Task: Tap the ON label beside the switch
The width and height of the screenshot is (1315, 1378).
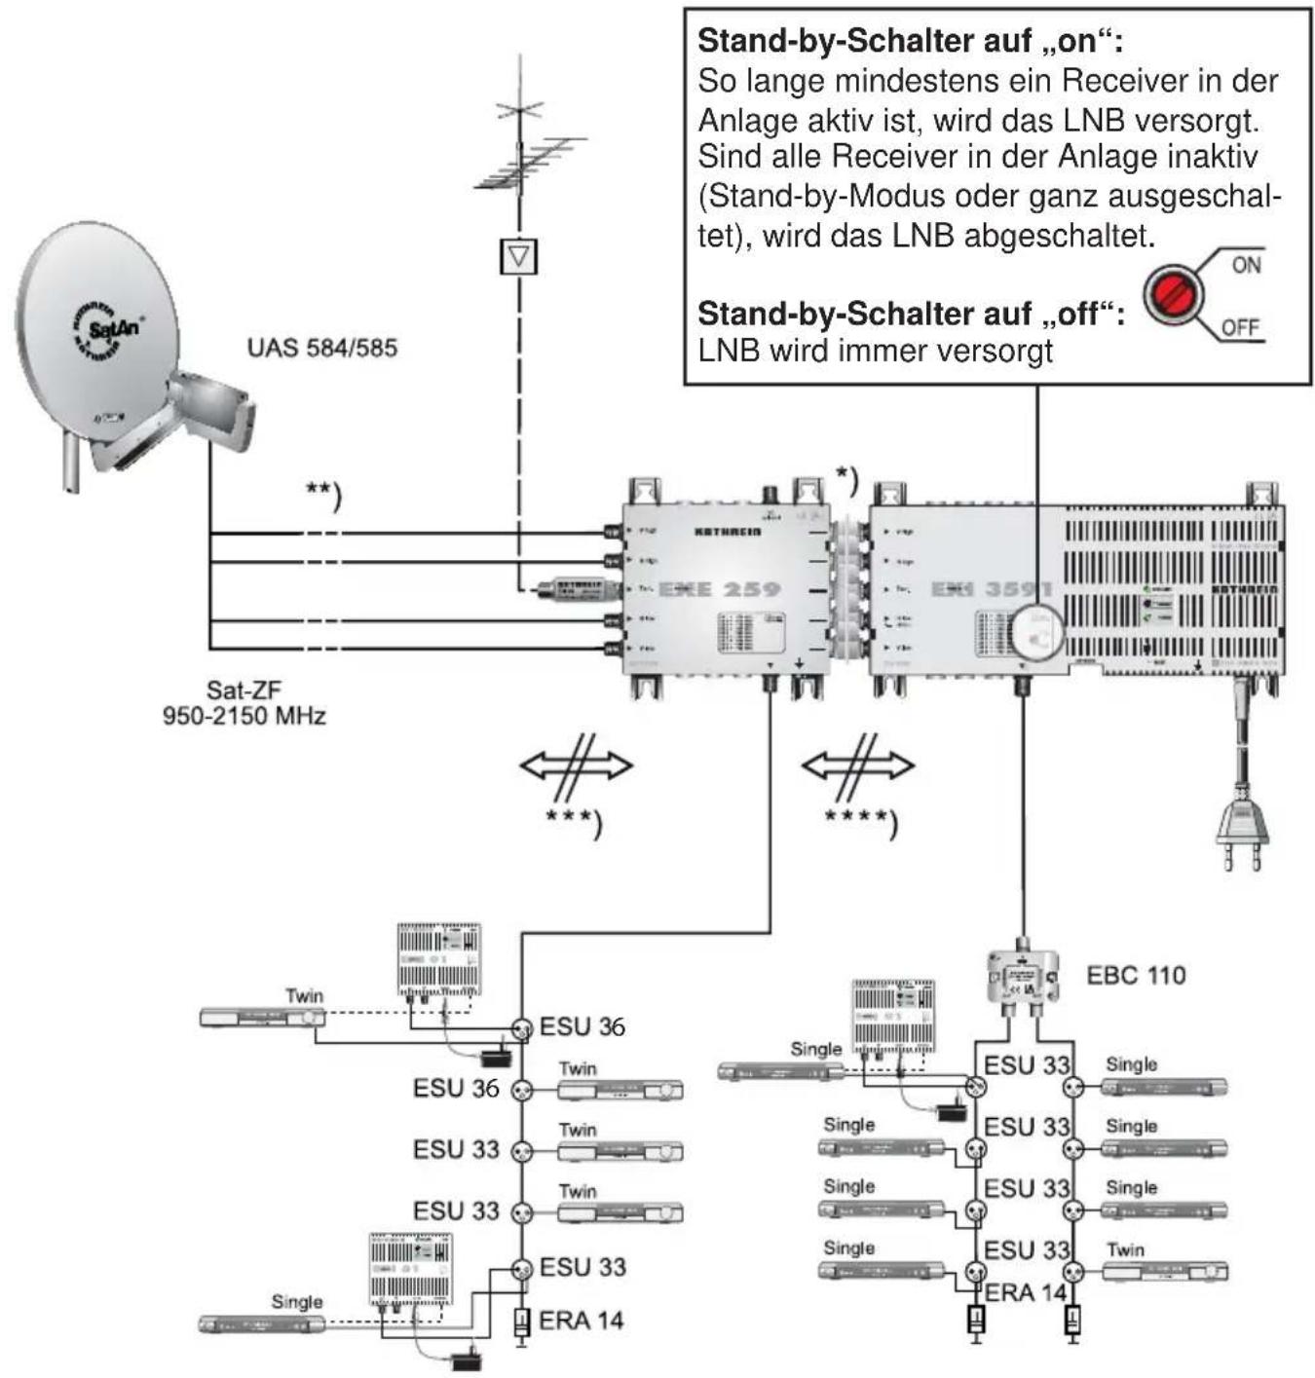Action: point(1246,265)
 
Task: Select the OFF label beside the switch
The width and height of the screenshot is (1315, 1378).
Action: point(1240,327)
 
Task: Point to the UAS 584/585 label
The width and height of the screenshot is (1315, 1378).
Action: point(321,348)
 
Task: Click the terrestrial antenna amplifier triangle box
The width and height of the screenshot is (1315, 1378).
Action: point(518,256)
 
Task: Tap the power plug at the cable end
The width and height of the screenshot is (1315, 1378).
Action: point(1242,833)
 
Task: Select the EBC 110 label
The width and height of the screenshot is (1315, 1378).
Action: point(1136,975)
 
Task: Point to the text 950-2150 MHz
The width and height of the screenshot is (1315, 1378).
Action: point(244,716)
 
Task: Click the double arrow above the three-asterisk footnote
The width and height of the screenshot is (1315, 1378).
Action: point(576,765)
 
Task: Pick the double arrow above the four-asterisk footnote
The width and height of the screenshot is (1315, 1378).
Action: point(857,765)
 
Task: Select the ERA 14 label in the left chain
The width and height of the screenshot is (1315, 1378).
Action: point(581,1321)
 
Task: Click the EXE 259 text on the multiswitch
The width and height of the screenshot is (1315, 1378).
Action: point(719,589)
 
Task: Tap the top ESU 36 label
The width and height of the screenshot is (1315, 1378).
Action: point(582,1026)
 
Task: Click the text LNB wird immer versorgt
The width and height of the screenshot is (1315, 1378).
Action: point(875,351)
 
